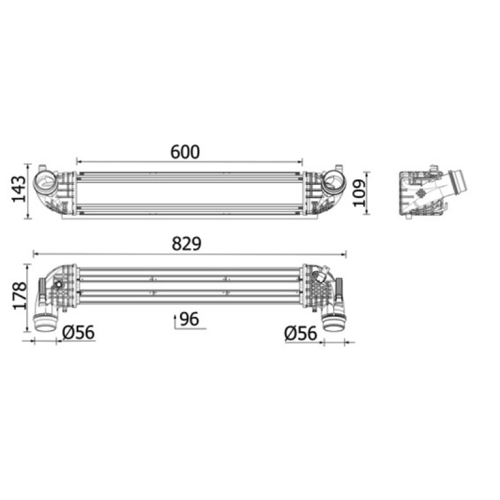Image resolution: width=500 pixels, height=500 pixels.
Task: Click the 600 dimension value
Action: tap(185, 152)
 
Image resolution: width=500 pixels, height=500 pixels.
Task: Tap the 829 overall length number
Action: tap(186, 244)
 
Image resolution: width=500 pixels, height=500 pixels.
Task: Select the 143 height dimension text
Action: tap(19, 189)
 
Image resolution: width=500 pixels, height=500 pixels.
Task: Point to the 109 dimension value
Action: tap(359, 193)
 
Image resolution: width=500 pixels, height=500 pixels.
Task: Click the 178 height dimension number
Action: tap(20, 296)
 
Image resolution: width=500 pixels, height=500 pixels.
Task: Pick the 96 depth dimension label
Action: tap(189, 319)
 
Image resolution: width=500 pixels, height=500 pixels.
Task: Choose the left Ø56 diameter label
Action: tap(79, 332)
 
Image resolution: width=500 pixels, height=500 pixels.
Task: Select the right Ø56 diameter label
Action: tap(301, 334)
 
